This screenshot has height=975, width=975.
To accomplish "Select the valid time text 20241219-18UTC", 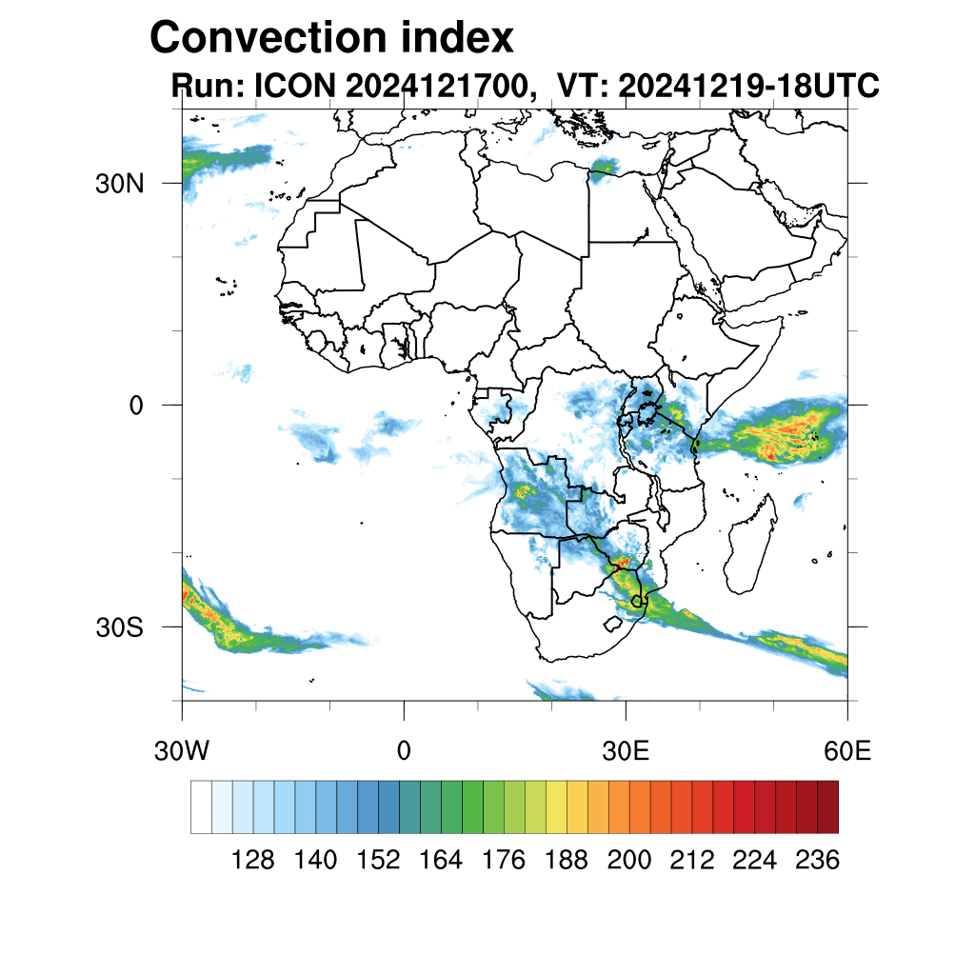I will [748, 86].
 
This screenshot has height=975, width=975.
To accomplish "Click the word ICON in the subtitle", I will [295, 86].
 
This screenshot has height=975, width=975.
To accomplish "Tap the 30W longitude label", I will [181, 750].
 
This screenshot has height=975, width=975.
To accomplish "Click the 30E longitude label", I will [626, 750].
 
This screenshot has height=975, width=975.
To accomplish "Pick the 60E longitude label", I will [846, 750].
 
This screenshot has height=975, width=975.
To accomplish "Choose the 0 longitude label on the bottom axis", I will [404, 750].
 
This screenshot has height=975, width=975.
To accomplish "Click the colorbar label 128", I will [253, 861].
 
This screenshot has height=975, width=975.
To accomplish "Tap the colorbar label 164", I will [441, 861].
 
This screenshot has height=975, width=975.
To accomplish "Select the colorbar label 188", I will [567, 861].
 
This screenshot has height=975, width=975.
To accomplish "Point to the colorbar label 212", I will [691, 861].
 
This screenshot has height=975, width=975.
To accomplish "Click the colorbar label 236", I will [817, 861].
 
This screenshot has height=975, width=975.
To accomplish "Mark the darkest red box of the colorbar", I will [827, 806].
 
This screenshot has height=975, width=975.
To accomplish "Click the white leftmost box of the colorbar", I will [201, 806].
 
